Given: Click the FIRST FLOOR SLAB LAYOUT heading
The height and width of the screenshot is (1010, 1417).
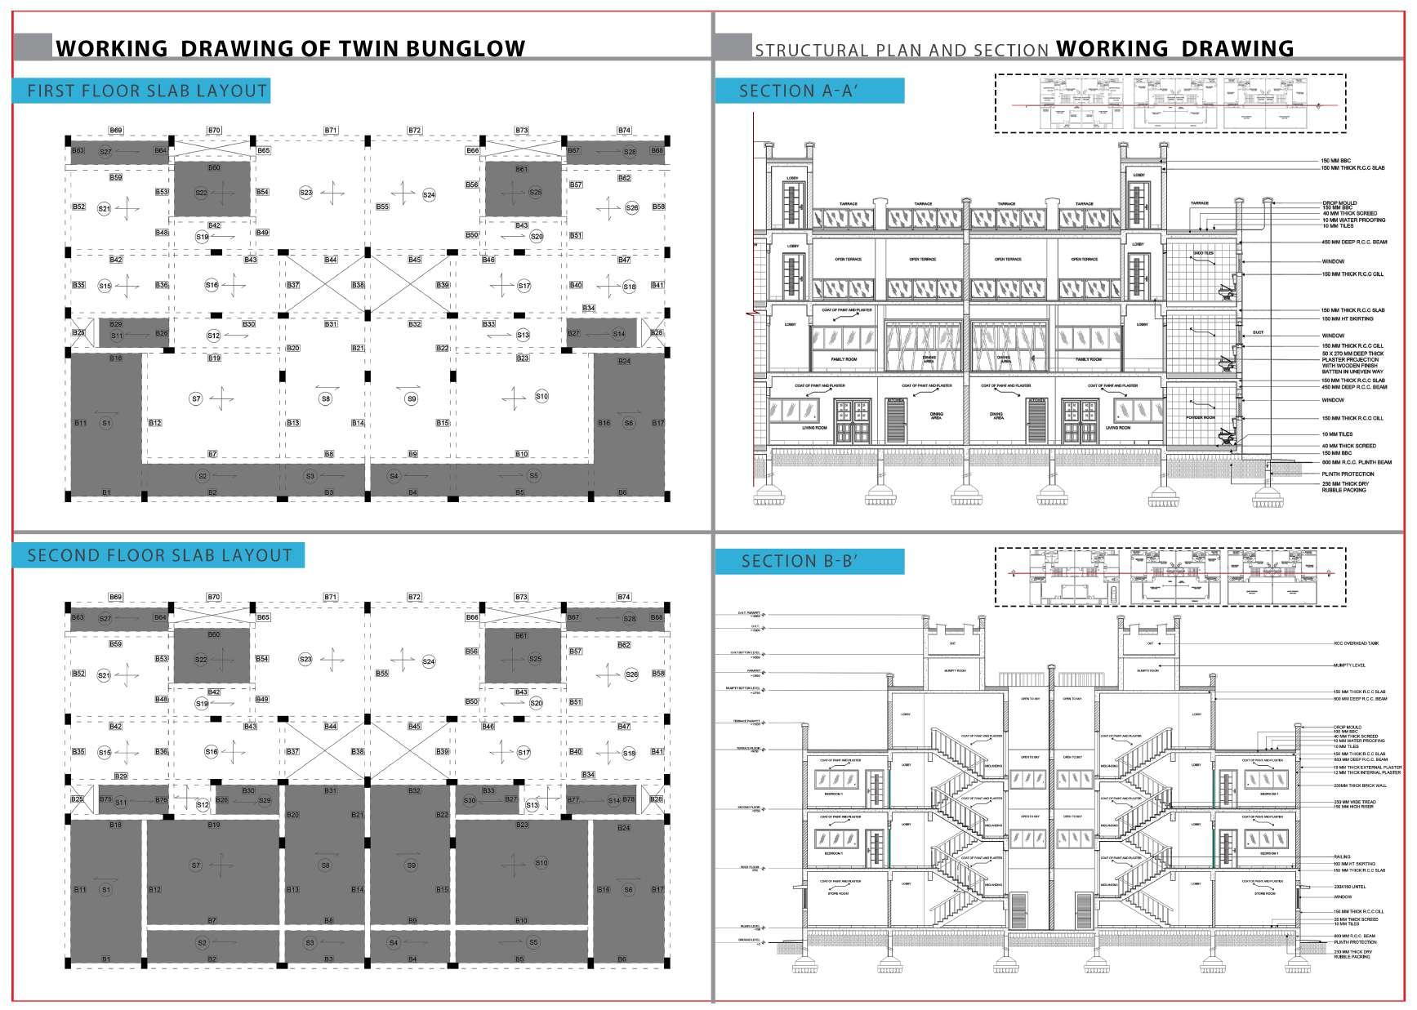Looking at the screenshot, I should tap(147, 91).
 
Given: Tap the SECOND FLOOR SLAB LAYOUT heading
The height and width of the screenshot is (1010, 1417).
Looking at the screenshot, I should tap(159, 556).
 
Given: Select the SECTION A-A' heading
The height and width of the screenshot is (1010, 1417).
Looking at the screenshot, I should tap(798, 91).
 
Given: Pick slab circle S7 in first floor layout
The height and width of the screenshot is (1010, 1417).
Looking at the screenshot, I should tap(196, 398).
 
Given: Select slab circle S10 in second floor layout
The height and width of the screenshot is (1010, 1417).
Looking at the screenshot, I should tap(541, 862).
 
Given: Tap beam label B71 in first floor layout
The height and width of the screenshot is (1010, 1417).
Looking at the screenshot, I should tap(331, 131).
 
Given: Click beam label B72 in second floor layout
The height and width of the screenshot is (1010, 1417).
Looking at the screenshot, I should tap(414, 598).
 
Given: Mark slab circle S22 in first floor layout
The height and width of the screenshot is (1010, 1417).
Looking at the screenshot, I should tap(201, 193).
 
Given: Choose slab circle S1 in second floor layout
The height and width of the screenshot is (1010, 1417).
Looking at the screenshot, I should tap(105, 889).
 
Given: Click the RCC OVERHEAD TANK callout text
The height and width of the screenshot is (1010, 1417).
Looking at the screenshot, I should tap(1356, 643).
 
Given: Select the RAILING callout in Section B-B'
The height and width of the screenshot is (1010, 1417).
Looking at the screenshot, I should tap(1341, 857).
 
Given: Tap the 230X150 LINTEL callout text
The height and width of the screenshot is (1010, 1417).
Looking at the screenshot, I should tap(1349, 887).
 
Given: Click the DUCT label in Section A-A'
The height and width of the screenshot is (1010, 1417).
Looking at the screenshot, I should tap(1258, 333).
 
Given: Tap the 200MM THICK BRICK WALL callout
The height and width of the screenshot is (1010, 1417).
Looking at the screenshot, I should tap(1359, 785).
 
